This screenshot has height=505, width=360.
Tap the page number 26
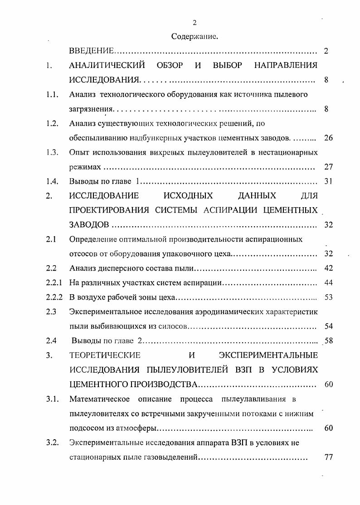329,138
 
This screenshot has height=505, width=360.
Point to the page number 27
329,167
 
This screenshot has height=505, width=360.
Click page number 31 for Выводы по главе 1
329,181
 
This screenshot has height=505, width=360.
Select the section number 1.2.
53,123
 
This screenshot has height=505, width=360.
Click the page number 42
329,268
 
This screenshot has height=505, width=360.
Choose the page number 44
329,282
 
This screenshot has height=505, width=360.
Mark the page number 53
329,297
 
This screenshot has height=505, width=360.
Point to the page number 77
329,457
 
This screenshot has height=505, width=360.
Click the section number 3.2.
53,442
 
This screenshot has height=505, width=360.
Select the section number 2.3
51,311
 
